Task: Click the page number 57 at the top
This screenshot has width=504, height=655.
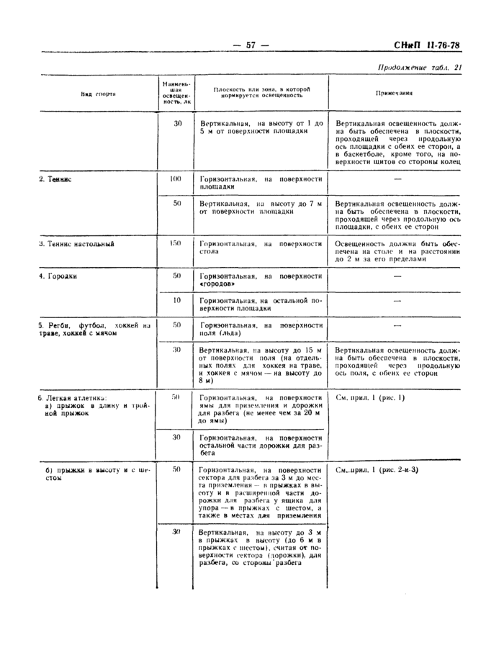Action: coord(251,45)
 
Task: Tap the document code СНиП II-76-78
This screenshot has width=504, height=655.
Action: coord(427,46)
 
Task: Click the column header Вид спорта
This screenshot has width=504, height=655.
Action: coord(96,94)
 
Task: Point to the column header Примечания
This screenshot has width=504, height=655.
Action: coord(394,94)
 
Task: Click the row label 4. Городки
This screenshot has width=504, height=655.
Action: coord(58,276)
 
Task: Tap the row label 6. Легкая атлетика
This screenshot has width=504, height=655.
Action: coord(72,397)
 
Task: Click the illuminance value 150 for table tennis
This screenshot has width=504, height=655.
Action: coord(175,243)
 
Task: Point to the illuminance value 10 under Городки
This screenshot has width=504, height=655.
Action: coord(176,300)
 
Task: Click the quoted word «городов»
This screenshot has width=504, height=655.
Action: coord(219,284)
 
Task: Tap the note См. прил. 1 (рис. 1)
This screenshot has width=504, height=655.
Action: coord(370,397)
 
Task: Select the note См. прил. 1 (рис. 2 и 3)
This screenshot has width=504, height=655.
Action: coord(377,469)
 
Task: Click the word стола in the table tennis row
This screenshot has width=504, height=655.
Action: coord(210,253)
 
